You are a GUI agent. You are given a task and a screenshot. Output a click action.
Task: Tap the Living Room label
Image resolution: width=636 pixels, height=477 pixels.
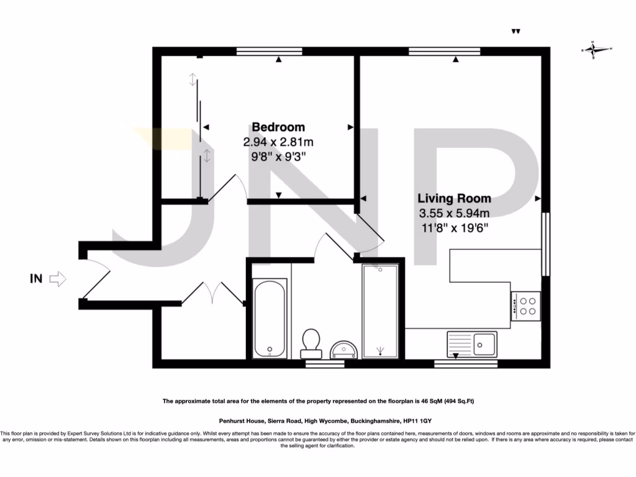point(454,199)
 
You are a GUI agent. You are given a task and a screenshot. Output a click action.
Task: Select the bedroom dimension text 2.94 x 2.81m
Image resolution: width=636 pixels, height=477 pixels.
point(278,142)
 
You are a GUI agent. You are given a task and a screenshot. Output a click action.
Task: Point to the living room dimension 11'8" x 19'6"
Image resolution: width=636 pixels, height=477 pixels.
point(454,228)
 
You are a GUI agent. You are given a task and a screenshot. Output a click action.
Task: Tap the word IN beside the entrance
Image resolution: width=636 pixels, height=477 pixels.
point(36,279)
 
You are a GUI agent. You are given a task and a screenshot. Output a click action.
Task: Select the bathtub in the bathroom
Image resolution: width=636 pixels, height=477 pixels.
point(270,318)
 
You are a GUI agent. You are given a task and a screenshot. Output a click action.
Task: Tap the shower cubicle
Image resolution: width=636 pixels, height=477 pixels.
point(379,312)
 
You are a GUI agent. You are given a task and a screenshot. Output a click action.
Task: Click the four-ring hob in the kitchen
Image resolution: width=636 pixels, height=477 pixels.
point(526,306)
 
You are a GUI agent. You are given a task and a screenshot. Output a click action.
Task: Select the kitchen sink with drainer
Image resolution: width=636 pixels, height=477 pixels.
point(471,342)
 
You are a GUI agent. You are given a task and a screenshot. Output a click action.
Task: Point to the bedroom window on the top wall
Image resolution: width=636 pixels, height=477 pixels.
point(269,51)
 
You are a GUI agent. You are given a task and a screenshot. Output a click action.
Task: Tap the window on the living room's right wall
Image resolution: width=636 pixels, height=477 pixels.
point(545,244)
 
